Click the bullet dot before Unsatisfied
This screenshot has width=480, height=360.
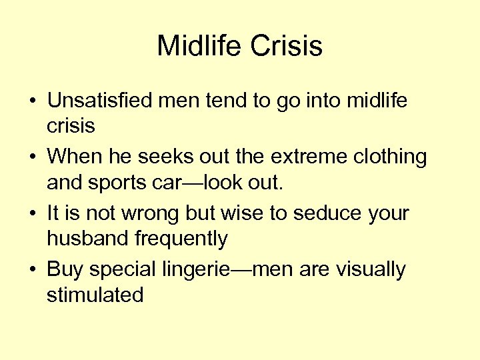pos(32,102)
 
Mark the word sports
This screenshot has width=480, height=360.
pos(115,181)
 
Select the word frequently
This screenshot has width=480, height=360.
pos(183,238)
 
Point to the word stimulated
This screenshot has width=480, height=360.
pos(95,294)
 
